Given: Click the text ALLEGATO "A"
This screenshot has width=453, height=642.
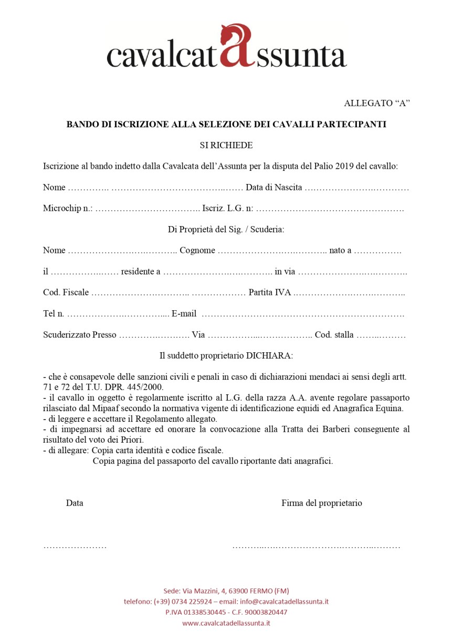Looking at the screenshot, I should [x=376, y=103].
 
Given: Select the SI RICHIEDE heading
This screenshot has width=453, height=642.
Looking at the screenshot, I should [x=226, y=145].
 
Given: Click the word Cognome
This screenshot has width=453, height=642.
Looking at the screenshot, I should [x=197, y=250].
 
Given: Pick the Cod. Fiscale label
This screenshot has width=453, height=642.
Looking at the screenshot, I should [x=66, y=292].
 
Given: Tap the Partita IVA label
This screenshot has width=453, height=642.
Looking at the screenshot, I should [x=270, y=292].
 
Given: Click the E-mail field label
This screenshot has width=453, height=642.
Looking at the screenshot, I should [x=184, y=314].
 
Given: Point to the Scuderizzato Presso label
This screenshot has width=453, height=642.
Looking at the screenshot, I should [x=80, y=335].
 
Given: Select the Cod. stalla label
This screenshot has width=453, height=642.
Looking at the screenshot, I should [x=334, y=335].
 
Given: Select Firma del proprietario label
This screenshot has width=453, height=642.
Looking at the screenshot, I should [x=322, y=503].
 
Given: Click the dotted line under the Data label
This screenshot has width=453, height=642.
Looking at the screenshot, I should [x=75, y=547].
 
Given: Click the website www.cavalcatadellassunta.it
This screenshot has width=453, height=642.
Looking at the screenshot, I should [x=226, y=623].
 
